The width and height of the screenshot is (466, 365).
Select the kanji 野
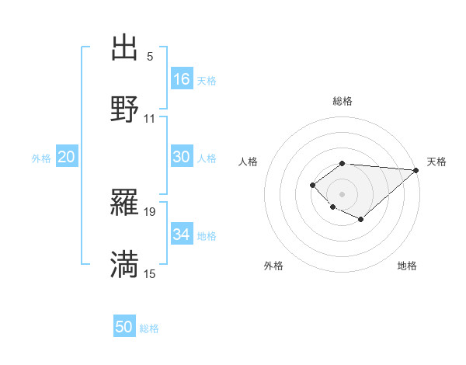click(124, 109)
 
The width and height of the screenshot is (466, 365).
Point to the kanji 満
click(124, 264)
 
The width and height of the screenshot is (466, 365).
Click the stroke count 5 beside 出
click(150, 57)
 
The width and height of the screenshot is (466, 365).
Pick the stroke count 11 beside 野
click(150, 118)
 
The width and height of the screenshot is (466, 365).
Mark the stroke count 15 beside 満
click(150, 273)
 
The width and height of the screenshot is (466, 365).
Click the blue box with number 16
click(182, 79)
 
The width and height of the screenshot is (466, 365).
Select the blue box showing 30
click(182, 157)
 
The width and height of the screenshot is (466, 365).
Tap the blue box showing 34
click(182, 235)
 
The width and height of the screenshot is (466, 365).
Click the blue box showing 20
click(66, 157)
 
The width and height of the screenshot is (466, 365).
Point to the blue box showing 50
click(124, 327)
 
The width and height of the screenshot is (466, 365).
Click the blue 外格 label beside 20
click(41, 158)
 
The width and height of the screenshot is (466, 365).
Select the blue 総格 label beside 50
click(149, 328)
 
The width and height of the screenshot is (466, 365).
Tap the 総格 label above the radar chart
click(342, 101)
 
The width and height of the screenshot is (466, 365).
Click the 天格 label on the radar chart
click(436, 162)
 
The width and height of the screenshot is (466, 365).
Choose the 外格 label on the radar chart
click(273, 266)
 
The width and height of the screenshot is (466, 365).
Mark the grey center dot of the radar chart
click(342, 193)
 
